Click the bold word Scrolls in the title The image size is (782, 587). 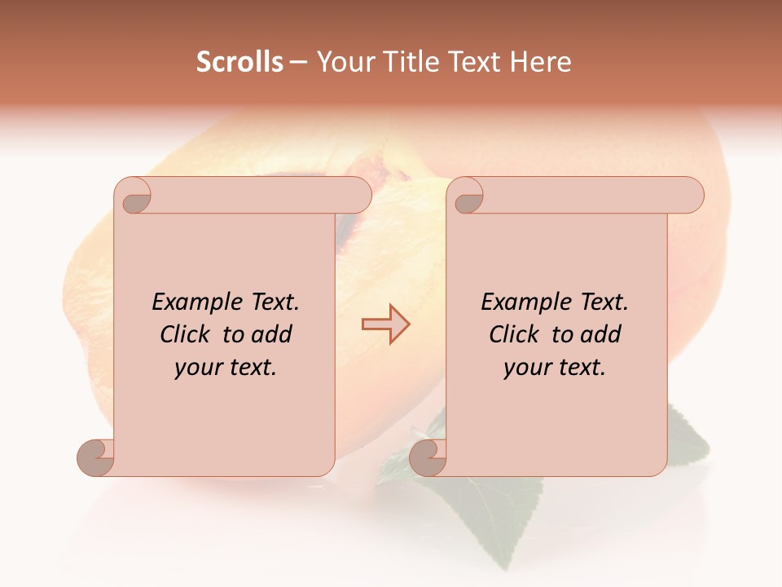pos(240,62)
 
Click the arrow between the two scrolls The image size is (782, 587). pos(385,324)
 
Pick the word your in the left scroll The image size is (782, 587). pos(198,368)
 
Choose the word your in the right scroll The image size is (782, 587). pos(527,368)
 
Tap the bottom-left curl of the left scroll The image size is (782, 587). pos(96,457)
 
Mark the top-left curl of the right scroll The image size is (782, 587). pos(468,196)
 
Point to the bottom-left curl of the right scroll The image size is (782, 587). pos(428,457)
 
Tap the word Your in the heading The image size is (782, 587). pos(340,62)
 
